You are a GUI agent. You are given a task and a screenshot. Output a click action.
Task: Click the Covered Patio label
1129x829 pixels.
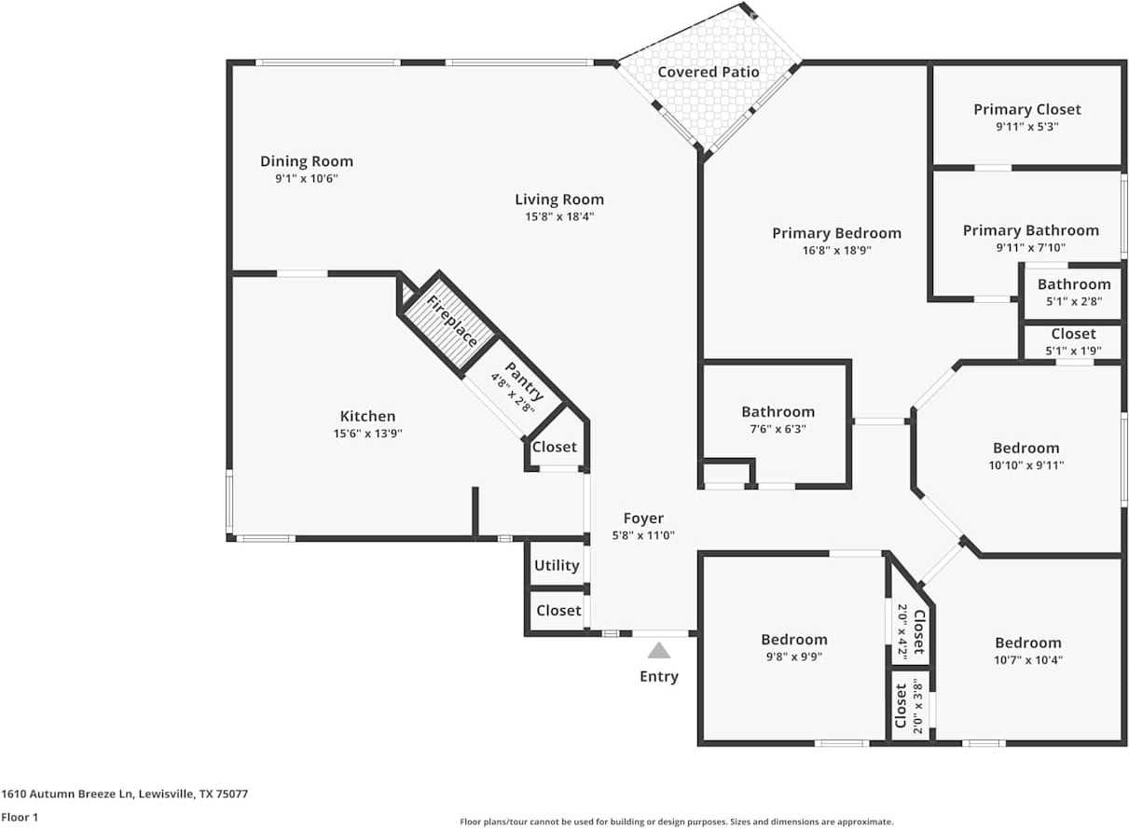(x=708, y=72)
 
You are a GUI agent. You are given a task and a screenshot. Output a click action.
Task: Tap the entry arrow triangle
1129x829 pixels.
(x=659, y=650)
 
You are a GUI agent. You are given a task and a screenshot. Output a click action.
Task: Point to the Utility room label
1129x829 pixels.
(x=557, y=565)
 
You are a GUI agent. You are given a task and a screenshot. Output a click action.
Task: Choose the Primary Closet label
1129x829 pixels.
(x=1026, y=109)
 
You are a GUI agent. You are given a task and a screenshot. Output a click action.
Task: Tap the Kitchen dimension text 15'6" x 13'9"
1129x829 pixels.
(x=367, y=434)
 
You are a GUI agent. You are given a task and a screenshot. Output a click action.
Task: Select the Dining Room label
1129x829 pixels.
(x=306, y=161)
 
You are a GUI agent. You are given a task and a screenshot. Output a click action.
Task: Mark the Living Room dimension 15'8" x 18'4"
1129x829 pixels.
(x=559, y=216)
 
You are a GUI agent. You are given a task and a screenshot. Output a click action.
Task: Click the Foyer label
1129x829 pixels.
(x=643, y=518)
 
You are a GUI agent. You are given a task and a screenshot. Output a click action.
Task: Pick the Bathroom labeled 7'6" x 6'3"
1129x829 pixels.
(x=778, y=411)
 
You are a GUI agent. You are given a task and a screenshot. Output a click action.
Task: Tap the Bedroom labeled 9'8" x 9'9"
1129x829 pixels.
(x=793, y=640)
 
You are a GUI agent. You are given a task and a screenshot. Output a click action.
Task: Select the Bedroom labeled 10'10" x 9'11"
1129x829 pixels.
(x=1026, y=448)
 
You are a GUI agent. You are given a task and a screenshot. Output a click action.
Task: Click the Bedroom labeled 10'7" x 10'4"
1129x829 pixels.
(x=1027, y=642)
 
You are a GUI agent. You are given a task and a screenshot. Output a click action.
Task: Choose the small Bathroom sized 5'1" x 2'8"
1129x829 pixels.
(x=1073, y=284)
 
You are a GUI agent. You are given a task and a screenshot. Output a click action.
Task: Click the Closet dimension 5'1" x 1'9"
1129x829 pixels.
(x=1073, y=352)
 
